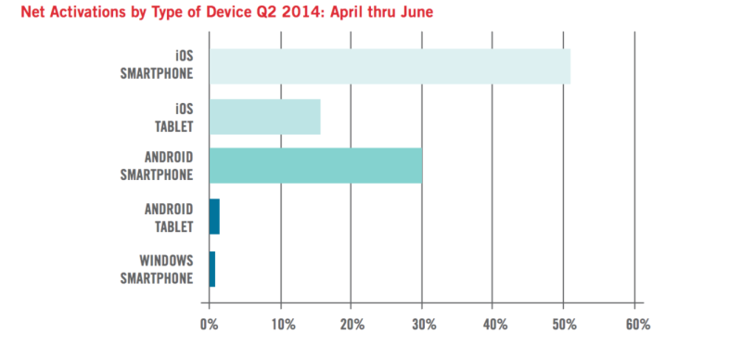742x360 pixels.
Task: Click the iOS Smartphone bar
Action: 389,66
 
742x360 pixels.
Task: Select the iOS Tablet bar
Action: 264,117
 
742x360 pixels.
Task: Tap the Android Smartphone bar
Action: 315,166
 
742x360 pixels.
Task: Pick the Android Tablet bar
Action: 214,216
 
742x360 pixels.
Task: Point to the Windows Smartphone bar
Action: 212,268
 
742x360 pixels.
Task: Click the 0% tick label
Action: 209,325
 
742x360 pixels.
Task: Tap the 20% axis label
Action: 352,325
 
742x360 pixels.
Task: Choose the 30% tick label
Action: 422,325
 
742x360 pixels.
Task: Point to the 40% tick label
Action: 493,325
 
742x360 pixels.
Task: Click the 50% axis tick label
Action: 564,325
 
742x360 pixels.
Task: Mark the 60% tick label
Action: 636,325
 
